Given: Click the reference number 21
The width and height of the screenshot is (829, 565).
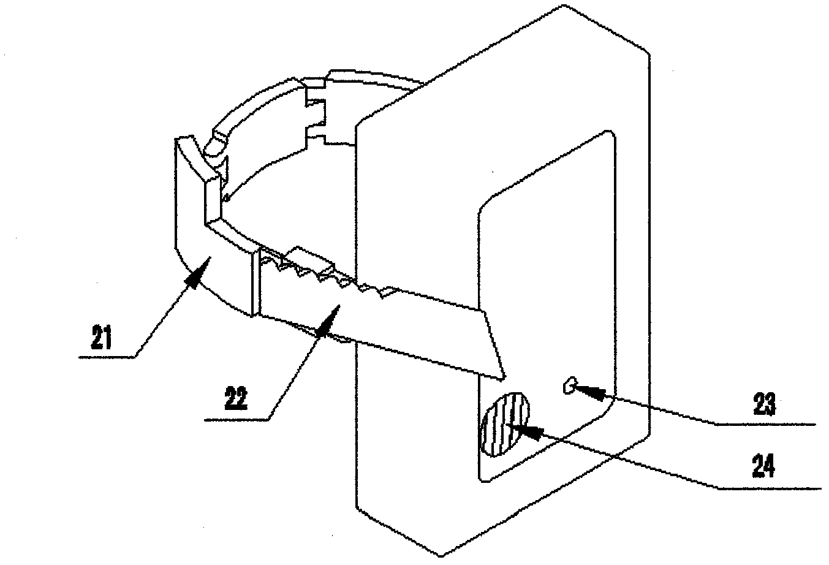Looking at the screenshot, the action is [x=102, y=337].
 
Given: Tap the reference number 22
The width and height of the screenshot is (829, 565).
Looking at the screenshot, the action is [x=236, y=398].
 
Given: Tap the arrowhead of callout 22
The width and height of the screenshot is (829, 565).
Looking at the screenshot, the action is [x=329, y=320].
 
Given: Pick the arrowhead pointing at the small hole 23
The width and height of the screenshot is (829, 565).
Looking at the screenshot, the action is [x=588, y=392].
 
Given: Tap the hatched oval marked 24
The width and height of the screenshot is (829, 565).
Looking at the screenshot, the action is [x=505, y=425].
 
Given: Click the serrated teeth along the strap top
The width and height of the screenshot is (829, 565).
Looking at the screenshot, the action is [x=326, y=275].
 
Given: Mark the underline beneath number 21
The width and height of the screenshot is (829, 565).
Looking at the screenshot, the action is [x=107, y=357].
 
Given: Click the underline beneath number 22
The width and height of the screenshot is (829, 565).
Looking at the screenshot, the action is [x=237, y=420].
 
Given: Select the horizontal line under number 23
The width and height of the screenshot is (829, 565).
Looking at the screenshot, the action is [x=765, y=424].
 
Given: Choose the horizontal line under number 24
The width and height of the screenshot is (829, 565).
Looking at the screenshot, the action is [x=770, y=488].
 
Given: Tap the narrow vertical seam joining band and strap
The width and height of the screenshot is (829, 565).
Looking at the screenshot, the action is [x=256, y=283].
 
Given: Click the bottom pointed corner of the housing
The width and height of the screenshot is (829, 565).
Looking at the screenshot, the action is [x=441, y=556].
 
